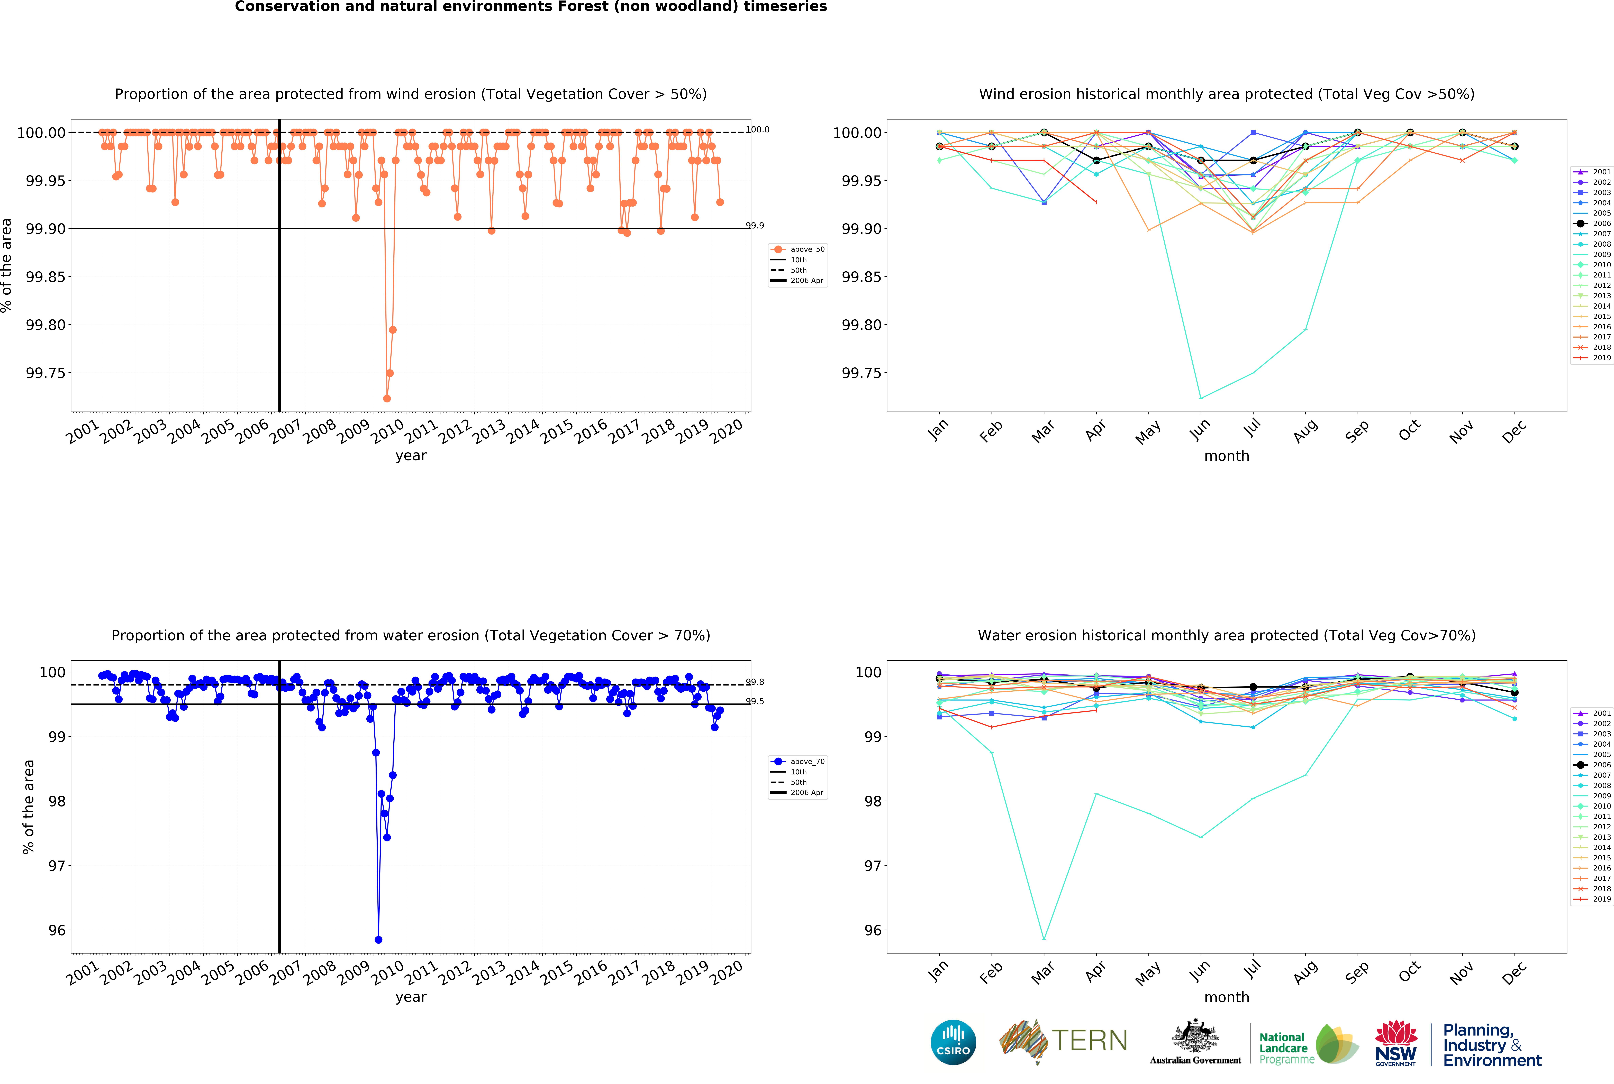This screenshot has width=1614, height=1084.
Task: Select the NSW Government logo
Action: (1395, 1043)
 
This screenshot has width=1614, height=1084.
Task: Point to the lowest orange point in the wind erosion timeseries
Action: (387, 398)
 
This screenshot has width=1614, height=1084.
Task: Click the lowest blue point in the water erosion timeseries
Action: (378, 940)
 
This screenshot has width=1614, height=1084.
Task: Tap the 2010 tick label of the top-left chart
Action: (387, 431)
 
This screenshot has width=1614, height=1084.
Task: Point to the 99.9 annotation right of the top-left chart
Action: (754, 225)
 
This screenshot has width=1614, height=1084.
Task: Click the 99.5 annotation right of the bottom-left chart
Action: (754, 701)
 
